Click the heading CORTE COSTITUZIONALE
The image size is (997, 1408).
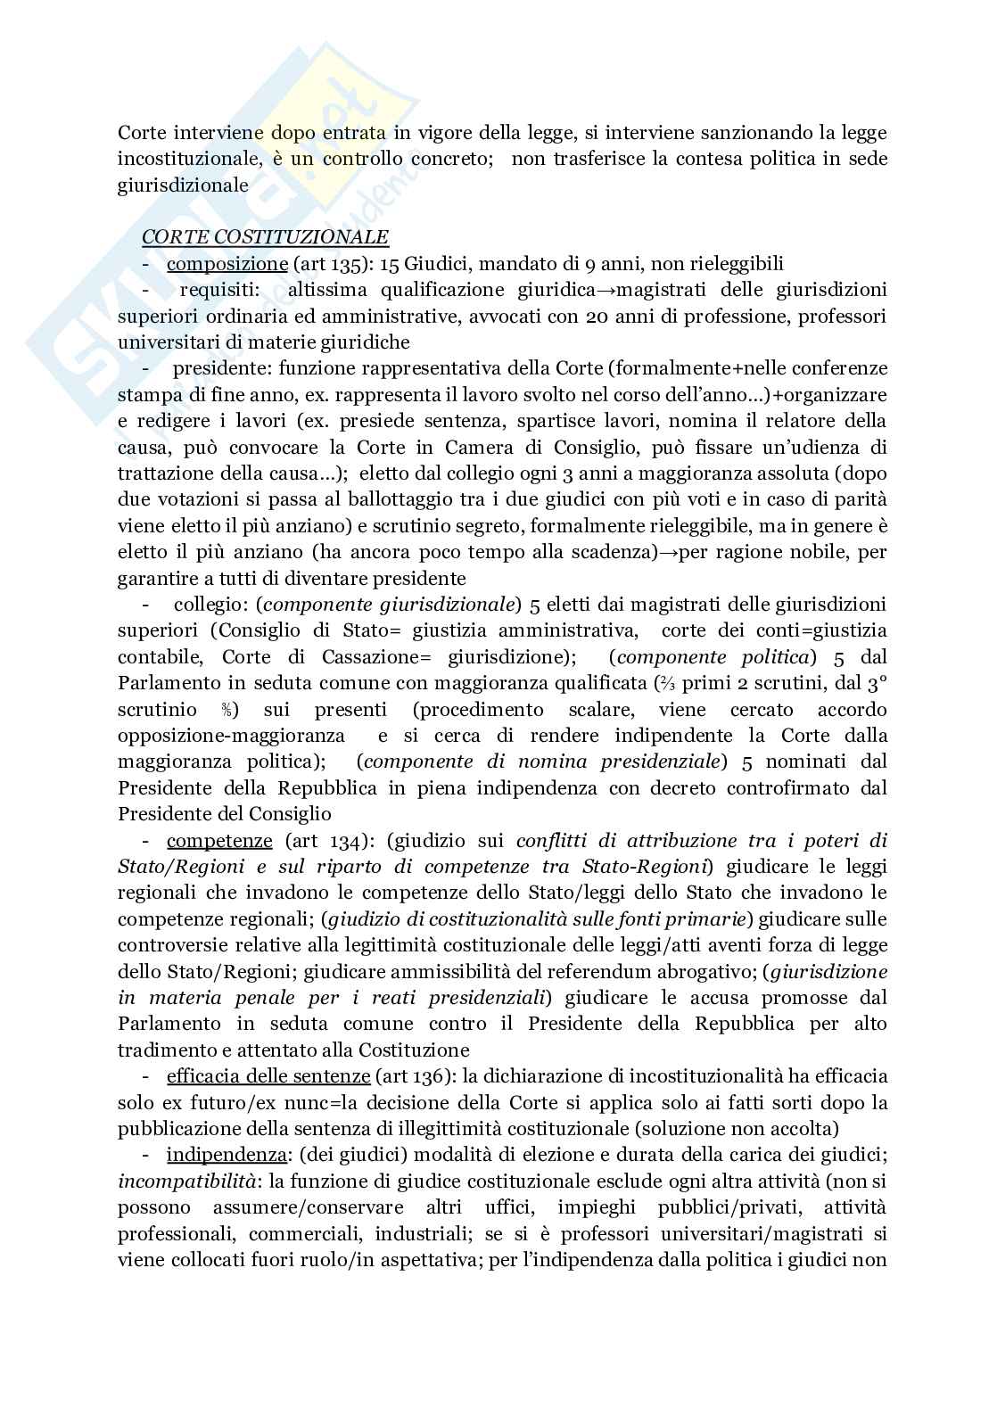click(265, 237)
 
